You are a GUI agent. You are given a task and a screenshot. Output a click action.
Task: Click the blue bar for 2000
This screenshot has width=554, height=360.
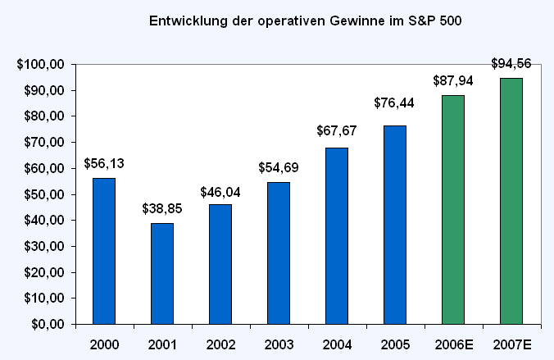click(104, 251)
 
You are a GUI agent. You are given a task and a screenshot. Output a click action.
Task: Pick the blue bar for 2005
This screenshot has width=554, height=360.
click(395, 225)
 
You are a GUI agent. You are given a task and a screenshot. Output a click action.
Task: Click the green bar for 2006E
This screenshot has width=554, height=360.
click(453, 210)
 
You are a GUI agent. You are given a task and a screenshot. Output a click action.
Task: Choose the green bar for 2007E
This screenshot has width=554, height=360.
click(511, 201)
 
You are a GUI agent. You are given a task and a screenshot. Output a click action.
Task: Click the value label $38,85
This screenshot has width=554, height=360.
click(162, 208)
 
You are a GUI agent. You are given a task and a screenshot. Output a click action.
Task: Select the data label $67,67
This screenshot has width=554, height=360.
click(337, 131)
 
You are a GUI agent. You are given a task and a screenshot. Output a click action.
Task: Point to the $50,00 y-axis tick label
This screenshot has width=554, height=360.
click(44, 194)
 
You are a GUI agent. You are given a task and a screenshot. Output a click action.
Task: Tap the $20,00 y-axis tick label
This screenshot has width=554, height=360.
click(44, 272)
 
